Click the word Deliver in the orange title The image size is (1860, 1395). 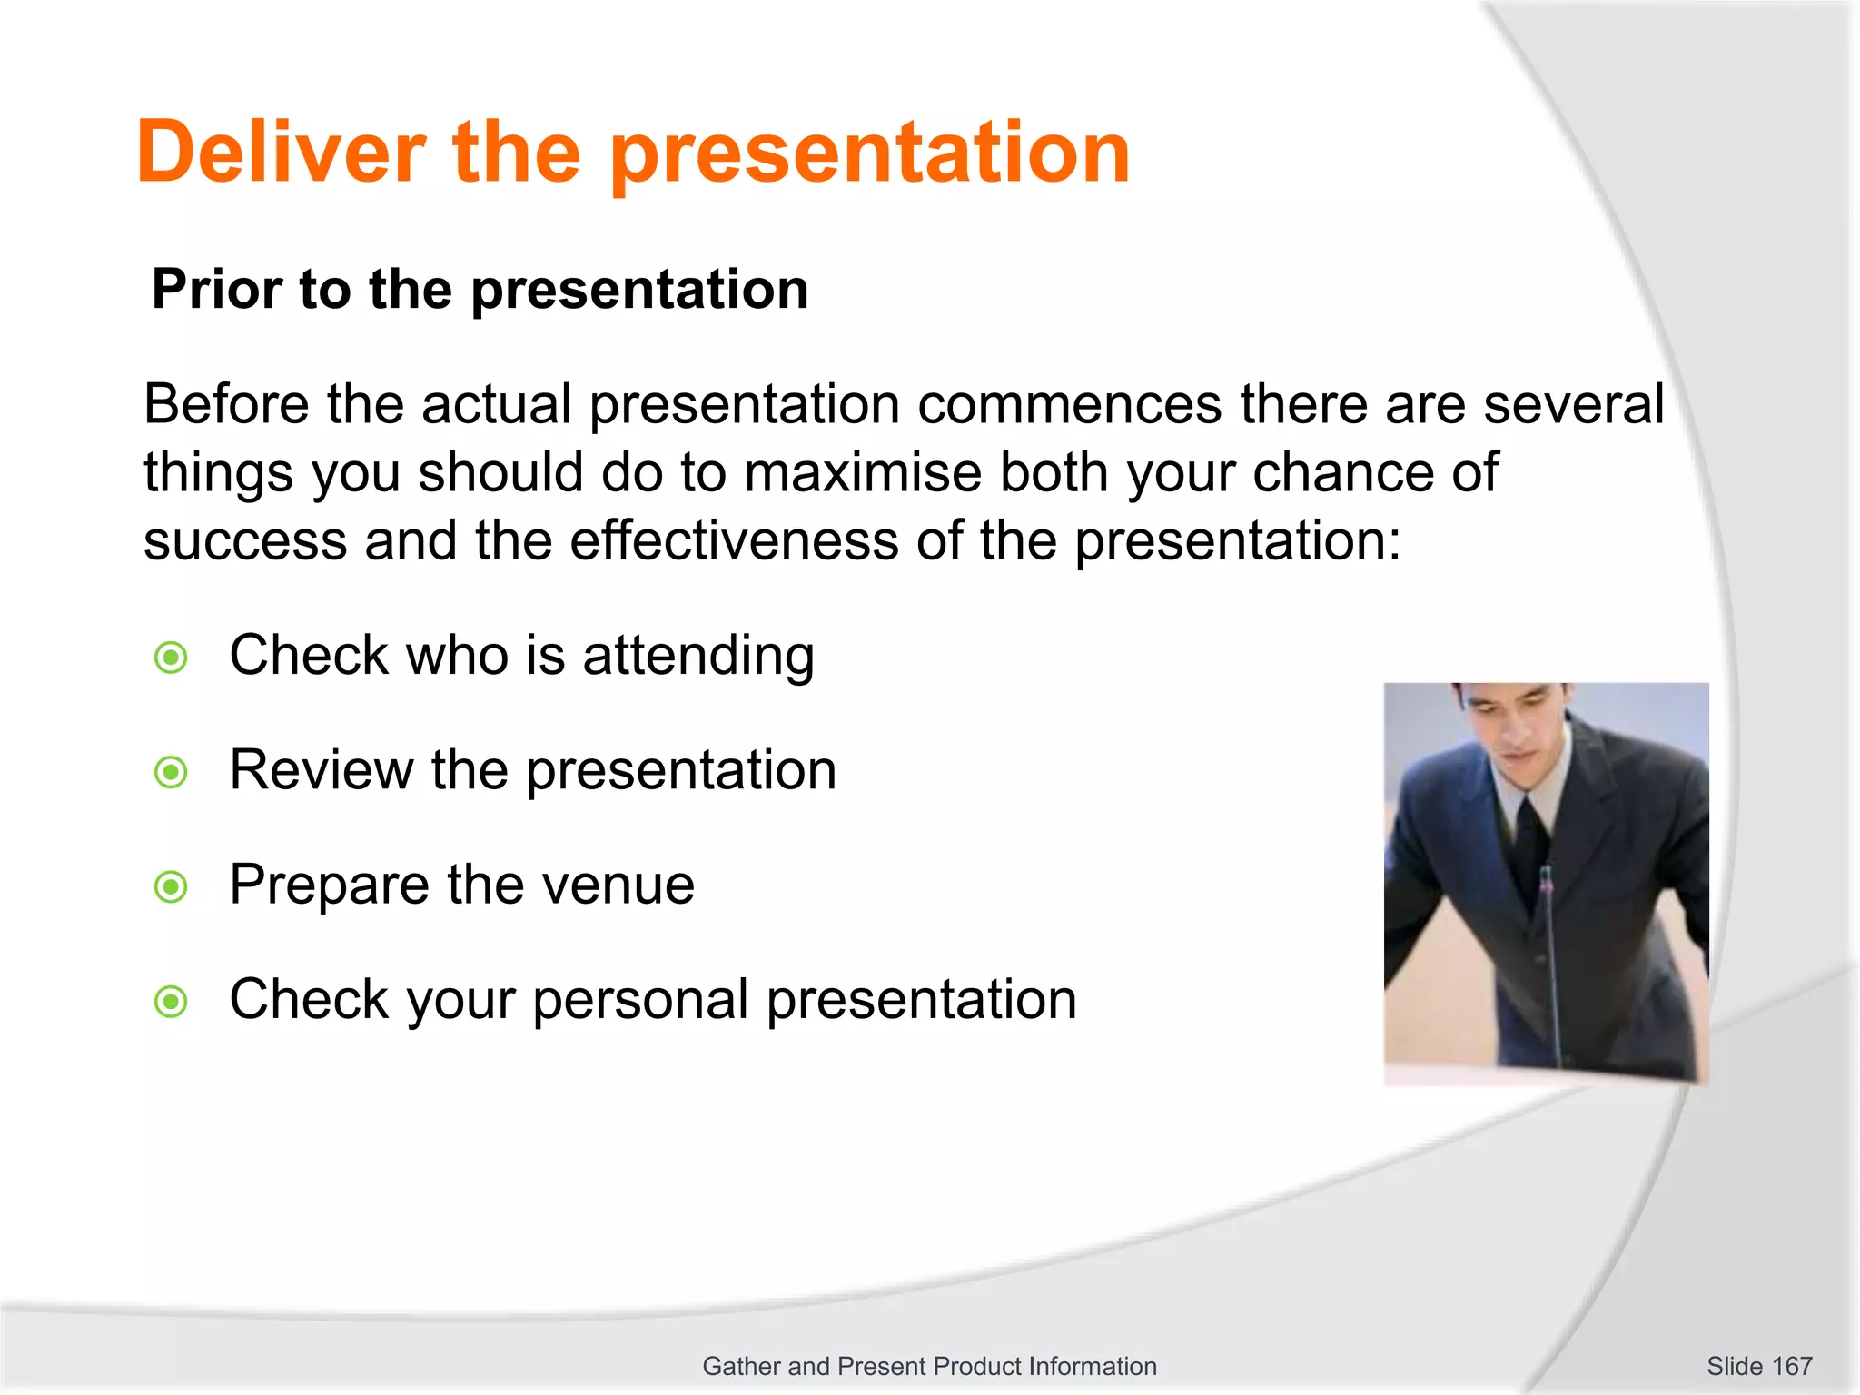[x=281, y=153]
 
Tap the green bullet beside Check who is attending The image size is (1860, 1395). [x=171, y=658]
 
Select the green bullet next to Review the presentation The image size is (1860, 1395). [x=171, y=772]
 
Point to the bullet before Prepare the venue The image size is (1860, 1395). [x=171, y=886]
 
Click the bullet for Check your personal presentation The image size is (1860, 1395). [x=171, y=1002]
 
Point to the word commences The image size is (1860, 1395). [x=1069, y=404]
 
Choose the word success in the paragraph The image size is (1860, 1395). [x=245, y=541]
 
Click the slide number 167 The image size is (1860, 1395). [x=1791, y=1366]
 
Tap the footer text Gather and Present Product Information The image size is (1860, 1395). [x=929, y=1366]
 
